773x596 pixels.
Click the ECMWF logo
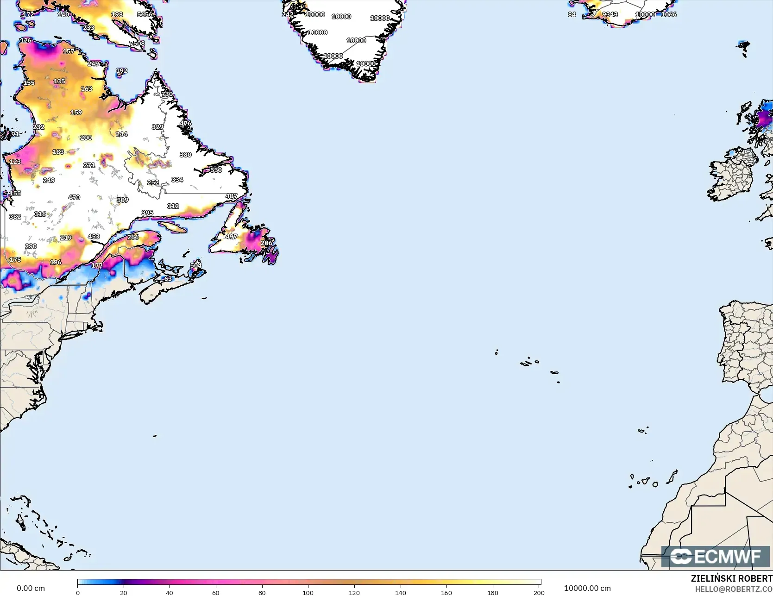click(716, 556)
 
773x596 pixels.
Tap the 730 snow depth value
click(167, 94)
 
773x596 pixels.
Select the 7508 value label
click(137, 44)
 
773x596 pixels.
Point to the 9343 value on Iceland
click(610, 14)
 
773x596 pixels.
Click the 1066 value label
click(669, 14)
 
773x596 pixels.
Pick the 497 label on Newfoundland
click(231, 236)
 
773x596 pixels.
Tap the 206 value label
click(266, 243)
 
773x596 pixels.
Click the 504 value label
click(196, 265)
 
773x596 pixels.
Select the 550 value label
click(216, 170)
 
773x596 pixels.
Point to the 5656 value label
click(145, 14)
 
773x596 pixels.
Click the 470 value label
click(74, 197)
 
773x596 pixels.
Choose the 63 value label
click(168, 279)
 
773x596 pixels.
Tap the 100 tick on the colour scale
click(308, 592)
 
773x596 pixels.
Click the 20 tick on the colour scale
click(124, 592)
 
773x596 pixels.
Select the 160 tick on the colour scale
click(446, 592)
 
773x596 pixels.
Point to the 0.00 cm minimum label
click(31, 588)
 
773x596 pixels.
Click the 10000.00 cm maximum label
click(587, 588)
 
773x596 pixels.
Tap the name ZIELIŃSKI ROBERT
click(731, 578)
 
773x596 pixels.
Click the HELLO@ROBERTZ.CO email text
click(734, 589)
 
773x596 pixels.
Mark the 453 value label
click(94, 236)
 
